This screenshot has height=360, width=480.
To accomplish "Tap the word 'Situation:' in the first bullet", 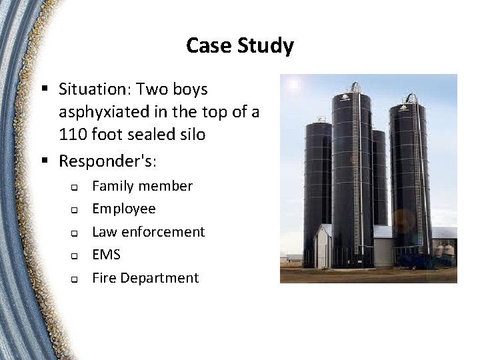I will (91, 89).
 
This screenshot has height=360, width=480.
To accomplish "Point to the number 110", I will (72, 135).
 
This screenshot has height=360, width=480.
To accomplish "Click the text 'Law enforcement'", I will (148, 232).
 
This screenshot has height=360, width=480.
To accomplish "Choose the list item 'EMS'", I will (106, 255).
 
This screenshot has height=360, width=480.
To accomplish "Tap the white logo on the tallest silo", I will (345, 97).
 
